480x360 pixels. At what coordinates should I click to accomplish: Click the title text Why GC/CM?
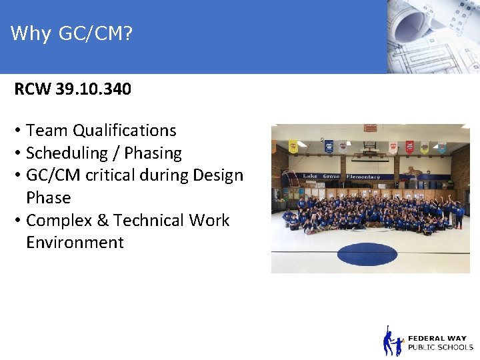tap(72, 33)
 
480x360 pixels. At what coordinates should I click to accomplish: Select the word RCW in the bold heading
tap(33, 89)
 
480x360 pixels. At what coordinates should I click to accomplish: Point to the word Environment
tap(75, 243)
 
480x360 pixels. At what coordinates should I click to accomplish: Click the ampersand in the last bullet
tap(103, 221)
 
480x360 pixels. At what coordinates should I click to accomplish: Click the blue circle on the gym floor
tap(367, 254)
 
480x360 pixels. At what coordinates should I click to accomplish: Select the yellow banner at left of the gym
tap(293, 147)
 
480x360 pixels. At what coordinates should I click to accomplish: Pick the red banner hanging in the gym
tap(410, 146)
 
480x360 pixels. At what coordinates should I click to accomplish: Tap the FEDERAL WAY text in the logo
tap(437, 338)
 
